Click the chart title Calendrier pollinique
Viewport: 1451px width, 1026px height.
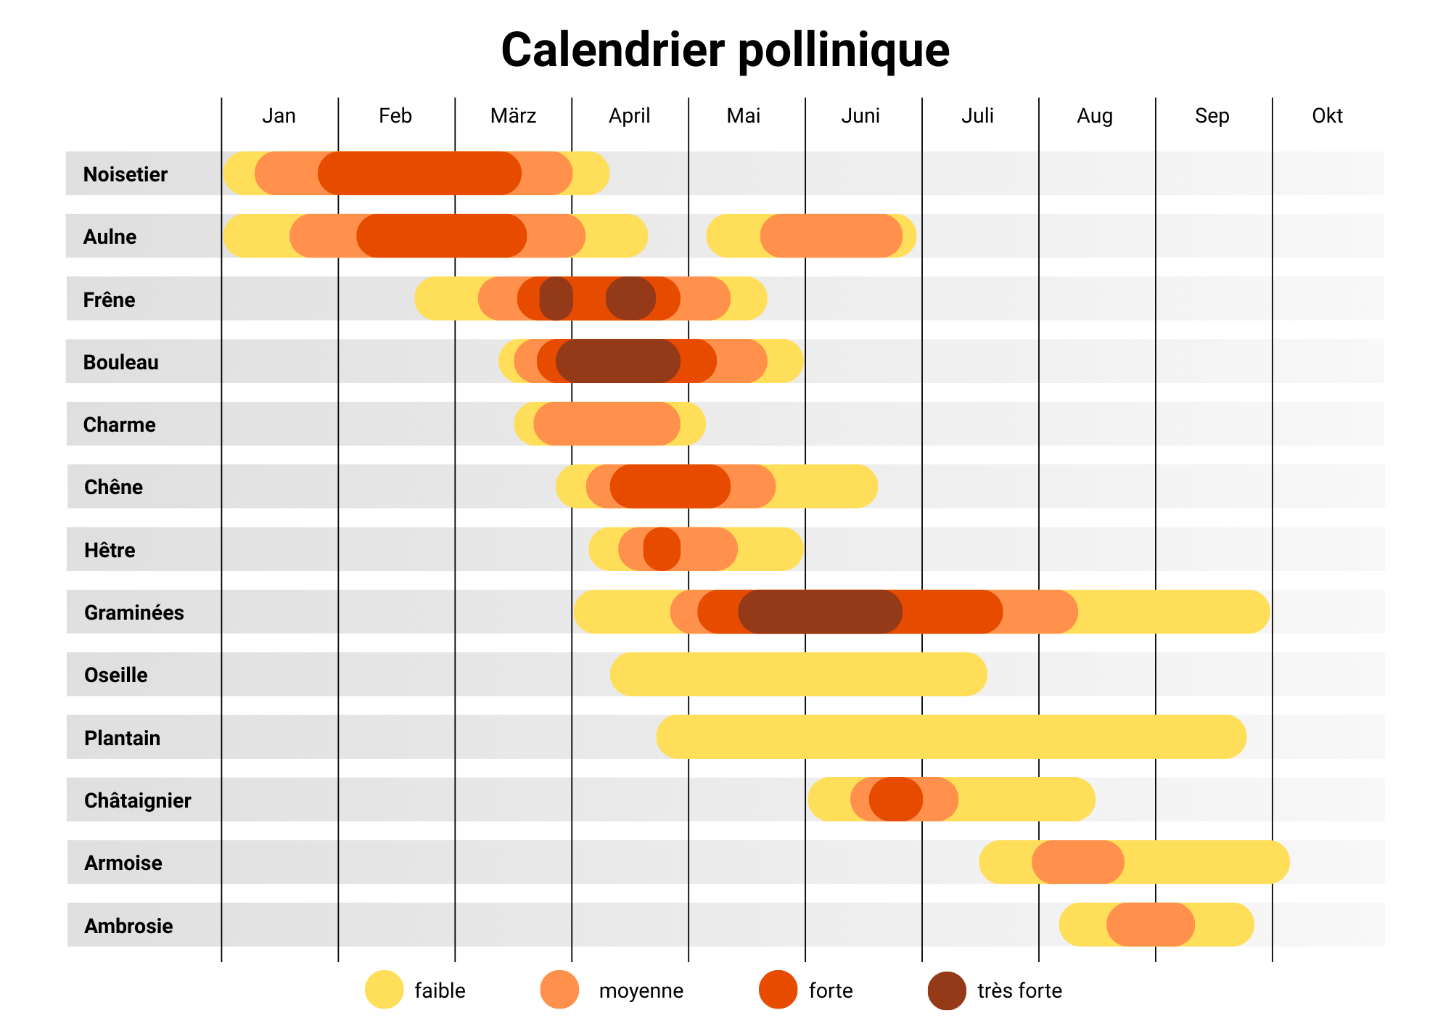(x=725, y=50)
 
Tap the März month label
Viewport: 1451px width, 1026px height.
(x=513, y=116)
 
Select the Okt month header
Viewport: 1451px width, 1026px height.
(x=1327, y=116)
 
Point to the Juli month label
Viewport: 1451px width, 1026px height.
(x=977, y=116)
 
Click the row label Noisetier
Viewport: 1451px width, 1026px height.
(x=125, y=174)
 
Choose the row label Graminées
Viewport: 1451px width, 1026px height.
(x=133, y=612)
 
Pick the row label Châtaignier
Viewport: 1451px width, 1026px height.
(x=137, y=800)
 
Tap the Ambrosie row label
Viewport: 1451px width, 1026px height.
(x=128, y=926)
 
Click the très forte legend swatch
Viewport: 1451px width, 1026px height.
(x=947, y=990)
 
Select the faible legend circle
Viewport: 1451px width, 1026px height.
(x=384, y=990)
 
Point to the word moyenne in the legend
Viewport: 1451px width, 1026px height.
(x=641, y=990)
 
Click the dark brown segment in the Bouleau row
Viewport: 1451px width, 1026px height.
(x=618, y=361)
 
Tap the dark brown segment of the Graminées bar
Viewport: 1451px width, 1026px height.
(x=820, y=612)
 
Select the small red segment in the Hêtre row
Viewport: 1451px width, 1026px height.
(x=662, y=549)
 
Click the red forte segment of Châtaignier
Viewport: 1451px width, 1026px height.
(x=896, y=800)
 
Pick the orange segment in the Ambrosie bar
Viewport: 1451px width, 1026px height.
(x=1150, y=925)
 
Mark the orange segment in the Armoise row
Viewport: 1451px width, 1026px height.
(x=1077, y=862)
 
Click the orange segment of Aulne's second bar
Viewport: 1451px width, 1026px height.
(x=831, y=236)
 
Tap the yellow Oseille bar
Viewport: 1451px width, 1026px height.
(x=798, y=674)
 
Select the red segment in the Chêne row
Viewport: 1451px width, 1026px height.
(x=670, y=486)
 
